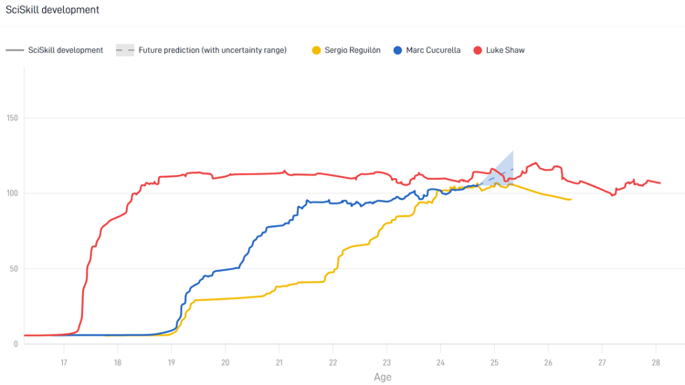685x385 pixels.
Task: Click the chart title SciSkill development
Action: coord(52,10)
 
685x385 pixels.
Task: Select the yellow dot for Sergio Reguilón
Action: coord(317,50)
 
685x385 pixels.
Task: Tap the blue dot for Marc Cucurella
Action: coord(398,50)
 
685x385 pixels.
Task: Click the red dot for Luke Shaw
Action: coord(478,50)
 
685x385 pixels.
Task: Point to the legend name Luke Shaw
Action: coord(505,50)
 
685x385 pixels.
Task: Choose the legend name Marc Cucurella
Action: coord(433,50)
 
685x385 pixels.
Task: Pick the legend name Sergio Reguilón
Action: coord(353,50)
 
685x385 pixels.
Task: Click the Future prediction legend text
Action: coord(212,50)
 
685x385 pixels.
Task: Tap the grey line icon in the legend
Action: coord(15,50)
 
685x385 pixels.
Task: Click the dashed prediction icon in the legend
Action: coord(125,50)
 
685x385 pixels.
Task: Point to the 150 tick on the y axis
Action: coord(12,118)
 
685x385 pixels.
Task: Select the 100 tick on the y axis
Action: coord(12,193)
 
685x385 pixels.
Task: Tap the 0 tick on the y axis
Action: coord(16,344)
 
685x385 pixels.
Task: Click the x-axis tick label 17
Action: coord(64,362)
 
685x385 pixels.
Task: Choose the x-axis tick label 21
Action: coord(279,362)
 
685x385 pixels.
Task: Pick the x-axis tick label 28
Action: coord(656,362)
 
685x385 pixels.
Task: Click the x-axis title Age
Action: coord(383,377)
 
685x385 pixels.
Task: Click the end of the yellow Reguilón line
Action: coord(571,199)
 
